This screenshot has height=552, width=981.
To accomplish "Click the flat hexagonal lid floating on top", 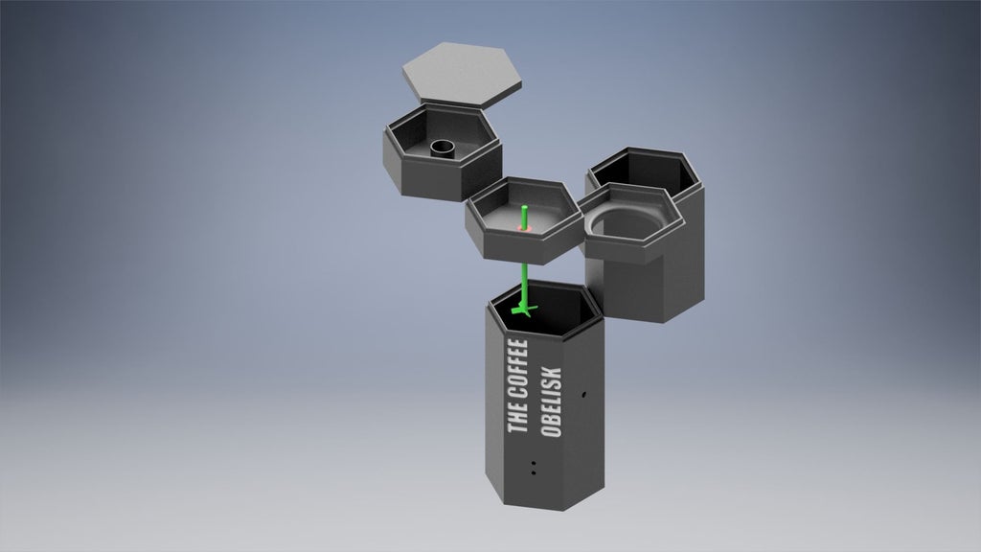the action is tap(462, 73).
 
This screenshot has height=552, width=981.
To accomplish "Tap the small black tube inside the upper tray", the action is tap(443, 149).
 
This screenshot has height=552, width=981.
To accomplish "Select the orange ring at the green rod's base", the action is tap(523, 228).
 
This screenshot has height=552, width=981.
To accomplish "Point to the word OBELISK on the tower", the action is tap(552, 402).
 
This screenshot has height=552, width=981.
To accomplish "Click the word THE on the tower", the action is tap(517, 418).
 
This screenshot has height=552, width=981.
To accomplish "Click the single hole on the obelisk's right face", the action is tap(583, 395).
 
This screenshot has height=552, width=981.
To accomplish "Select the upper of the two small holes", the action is tap(533, 464).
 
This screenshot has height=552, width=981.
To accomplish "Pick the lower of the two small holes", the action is tap(533, 472).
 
